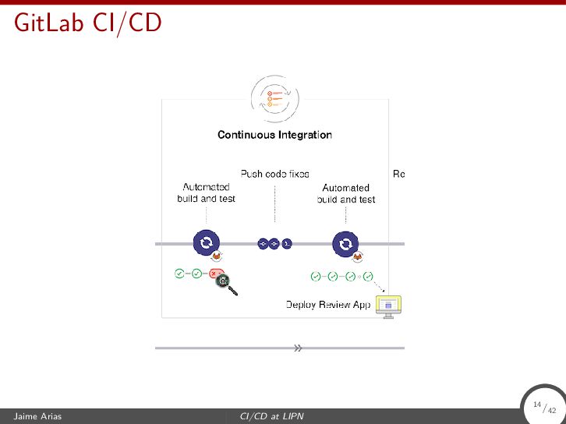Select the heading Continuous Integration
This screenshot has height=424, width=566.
coord(274,135)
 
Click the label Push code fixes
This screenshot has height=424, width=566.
coord(274,174)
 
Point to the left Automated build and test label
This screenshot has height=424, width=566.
coord(206,193)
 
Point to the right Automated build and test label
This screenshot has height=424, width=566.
coord(346,193)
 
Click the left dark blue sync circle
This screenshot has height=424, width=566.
coord(206,244)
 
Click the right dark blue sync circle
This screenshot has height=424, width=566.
coord(345,244)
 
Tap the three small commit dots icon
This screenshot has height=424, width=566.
coord(274,244)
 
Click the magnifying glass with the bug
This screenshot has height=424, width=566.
coord(225,284)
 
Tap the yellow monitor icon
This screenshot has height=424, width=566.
coord(388,306)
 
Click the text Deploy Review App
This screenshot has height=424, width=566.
coord(328,305)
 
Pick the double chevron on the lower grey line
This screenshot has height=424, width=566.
coord(298,348)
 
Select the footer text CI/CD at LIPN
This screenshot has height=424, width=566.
coord(271,417)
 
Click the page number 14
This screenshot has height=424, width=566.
coord(537,405)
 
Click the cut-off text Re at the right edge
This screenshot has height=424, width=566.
coord(398,174)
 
